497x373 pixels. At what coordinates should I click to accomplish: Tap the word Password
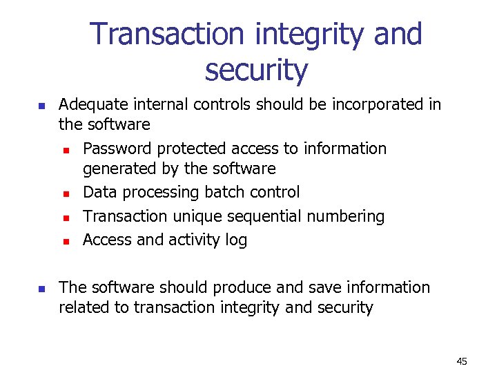pos(117,149)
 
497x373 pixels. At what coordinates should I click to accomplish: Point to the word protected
pos(191,149)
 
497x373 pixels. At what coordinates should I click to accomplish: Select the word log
pos(235,240)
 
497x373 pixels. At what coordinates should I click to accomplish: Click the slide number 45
pos(462,361)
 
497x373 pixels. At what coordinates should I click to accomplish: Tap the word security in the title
pos(256,70)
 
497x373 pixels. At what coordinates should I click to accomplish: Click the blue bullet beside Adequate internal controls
pos(41,106)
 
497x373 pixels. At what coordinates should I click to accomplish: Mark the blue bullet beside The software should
pos(41,289)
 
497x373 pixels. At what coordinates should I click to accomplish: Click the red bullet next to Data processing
pos(66,194)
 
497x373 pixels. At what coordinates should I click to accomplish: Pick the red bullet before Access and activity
pos(66,242)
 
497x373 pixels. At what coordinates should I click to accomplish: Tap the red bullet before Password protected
pos(66,150)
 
